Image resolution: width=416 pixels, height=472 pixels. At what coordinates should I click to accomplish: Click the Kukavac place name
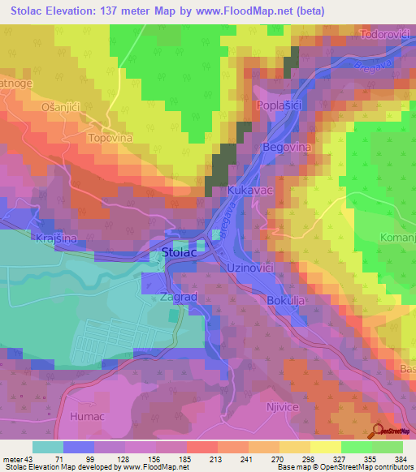tap(249, 188)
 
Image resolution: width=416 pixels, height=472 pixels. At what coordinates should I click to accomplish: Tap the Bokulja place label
tap(286, 300)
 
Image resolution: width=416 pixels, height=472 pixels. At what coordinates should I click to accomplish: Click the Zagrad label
tap(179, 298)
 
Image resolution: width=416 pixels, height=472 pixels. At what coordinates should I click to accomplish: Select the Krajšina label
tap(56, 238)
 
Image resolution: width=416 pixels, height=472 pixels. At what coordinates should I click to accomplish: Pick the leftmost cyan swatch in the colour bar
tap(48, 447)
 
